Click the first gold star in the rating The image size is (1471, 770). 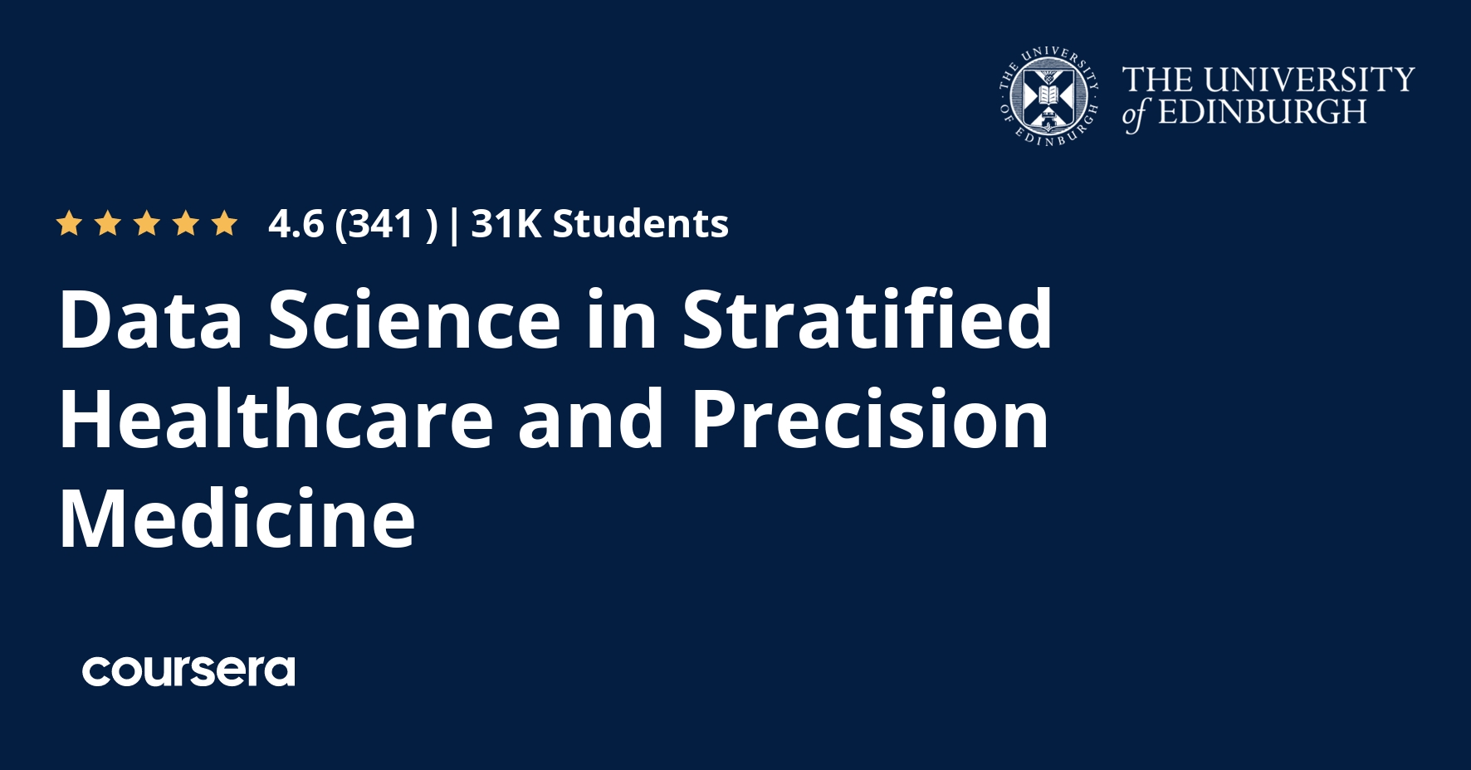(x=69, y=223)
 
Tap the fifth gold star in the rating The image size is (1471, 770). (x=224, y=223)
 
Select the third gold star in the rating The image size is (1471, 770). (x=147, y=223)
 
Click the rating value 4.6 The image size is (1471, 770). (x=296, y=224)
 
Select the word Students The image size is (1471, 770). (x=641, y=224)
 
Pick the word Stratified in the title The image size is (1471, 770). (x=867, y=319)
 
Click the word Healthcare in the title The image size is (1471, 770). (x=276, y=419)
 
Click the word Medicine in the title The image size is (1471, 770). (x=237, y=519)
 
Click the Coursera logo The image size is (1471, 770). (x=188, y=670)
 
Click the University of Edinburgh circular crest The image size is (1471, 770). (x=1049, y=98)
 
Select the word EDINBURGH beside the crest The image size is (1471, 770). (x=1262, y=112)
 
